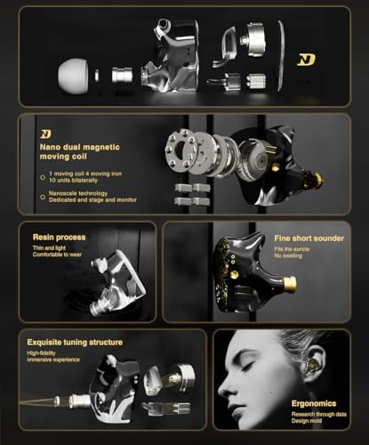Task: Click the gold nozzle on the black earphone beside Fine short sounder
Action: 289,285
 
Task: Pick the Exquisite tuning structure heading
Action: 77,341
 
